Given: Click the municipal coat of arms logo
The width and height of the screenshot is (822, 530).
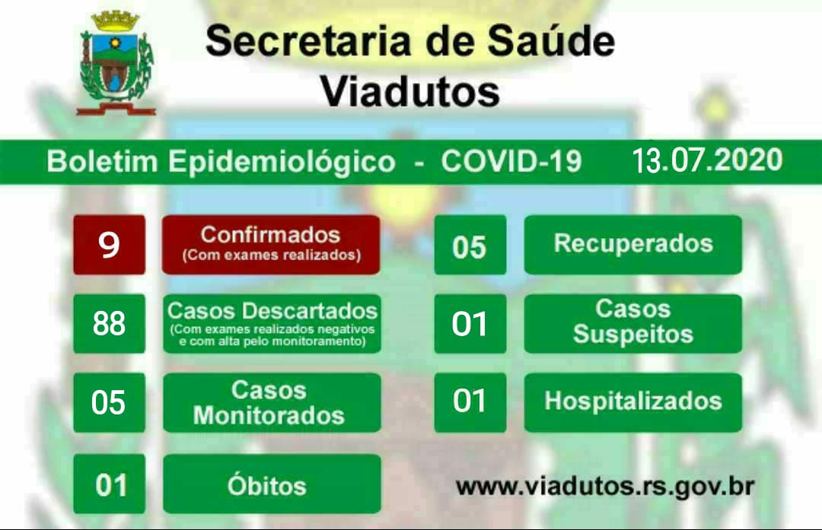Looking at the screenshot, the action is pyautogui.click(x=116, y=63).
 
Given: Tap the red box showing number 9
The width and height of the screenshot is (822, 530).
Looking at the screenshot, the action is pyautogui.click(x=109, y=245).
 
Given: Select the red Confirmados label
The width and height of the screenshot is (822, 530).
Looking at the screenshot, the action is pyautogui.click(x=271, y=245).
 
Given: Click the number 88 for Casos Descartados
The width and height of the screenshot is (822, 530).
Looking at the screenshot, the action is pyautogui.click(x=109, y=324).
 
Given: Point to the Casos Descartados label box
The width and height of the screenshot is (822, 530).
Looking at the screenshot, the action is pyautogui.click(x=272, y=324).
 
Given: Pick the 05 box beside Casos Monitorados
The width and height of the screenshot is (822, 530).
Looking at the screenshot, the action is pyautogui.click(x=109, y=403).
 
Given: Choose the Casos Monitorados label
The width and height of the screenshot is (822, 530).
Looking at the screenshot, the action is pyautogui.click(x=272, y=403).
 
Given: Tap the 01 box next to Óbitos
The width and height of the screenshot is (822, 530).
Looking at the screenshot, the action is pyautogui.click(x=109, y=484).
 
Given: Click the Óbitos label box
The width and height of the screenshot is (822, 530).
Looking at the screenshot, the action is pyautogui.click(x=272, y=484).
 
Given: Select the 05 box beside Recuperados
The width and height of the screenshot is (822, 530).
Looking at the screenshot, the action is pyautogui.click(x=470, y=245).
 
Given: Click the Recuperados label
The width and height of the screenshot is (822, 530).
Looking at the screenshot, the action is pyautogui.click(x=632, y=245).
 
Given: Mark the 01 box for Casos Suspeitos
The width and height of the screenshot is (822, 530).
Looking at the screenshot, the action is pyautogui.click(x=470, y=324).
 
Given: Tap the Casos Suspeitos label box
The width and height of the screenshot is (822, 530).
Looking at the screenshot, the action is pyautogui.click(x=632, y=324).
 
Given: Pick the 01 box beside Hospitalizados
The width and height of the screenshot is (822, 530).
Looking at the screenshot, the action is pyautogui.click(x=470, y=403).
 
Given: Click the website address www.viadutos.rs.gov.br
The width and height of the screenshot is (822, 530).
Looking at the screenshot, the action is pyautogui.click(x=605, y=487).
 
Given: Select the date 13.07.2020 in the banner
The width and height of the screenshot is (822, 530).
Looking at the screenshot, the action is pyautogui.click(x=707, y=160).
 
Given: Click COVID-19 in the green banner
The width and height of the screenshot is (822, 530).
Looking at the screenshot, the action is pyautogui.click(x=511, y=160).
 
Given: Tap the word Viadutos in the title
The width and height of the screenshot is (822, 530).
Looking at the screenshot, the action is pyautogui.click(x=410, y=92).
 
